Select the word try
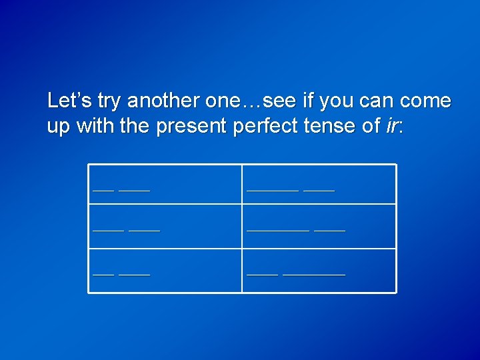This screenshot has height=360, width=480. [109, 102]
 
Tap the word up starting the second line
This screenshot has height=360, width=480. [59, 127]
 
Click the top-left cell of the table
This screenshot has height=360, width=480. [165, 184]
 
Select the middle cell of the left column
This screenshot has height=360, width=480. [165, 226]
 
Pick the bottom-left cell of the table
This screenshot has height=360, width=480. [165, 271]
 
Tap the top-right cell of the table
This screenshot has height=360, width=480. [319, 184]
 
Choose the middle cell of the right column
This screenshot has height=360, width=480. [319, 226]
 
